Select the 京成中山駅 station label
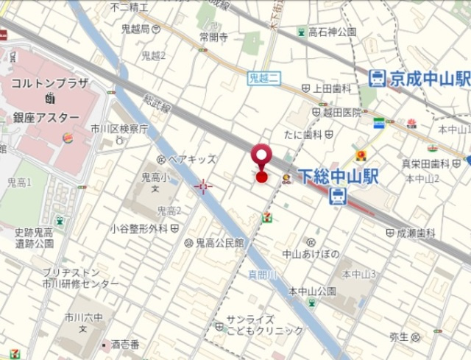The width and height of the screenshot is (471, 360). coord(430,78)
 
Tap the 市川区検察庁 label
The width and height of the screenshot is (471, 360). coord(119,129)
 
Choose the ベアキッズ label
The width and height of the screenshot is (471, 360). coord(193,158)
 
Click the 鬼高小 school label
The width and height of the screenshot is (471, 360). coord(155,177)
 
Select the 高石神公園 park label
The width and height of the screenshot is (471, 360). coord(333,32)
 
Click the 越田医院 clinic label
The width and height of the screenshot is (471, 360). coord(341,113)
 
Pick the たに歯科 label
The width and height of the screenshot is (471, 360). coord(303,135)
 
